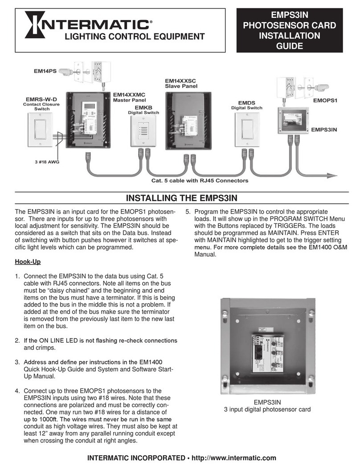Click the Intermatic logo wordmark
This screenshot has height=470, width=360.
(87, 22)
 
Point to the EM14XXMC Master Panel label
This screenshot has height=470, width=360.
(129, 97)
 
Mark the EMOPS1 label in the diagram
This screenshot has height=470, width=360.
(325, 101)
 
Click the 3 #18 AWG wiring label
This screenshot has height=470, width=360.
(47, 162)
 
